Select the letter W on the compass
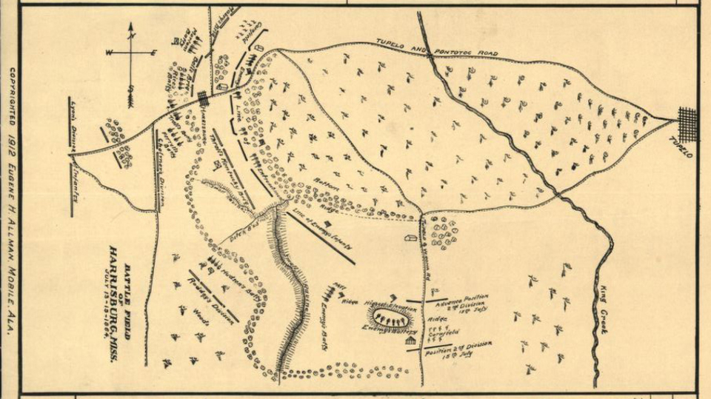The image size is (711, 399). coord(110,53)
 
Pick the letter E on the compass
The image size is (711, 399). coord(153,53)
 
